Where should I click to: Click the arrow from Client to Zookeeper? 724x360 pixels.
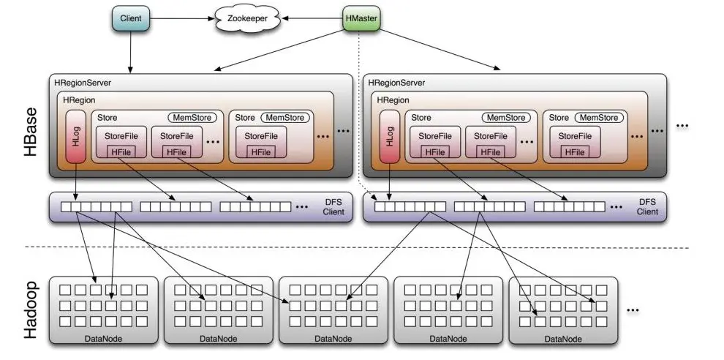tap(182, 18)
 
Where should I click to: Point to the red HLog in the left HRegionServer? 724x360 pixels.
tap(76, 136)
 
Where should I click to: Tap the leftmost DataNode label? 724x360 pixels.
tap(104, 338)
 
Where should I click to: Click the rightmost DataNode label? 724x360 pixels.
tap(563, 338)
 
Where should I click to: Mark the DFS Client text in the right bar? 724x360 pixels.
tap(646, 206)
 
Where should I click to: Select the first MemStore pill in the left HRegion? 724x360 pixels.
tap(189, 118)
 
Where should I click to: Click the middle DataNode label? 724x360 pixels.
tap(333, 338)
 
